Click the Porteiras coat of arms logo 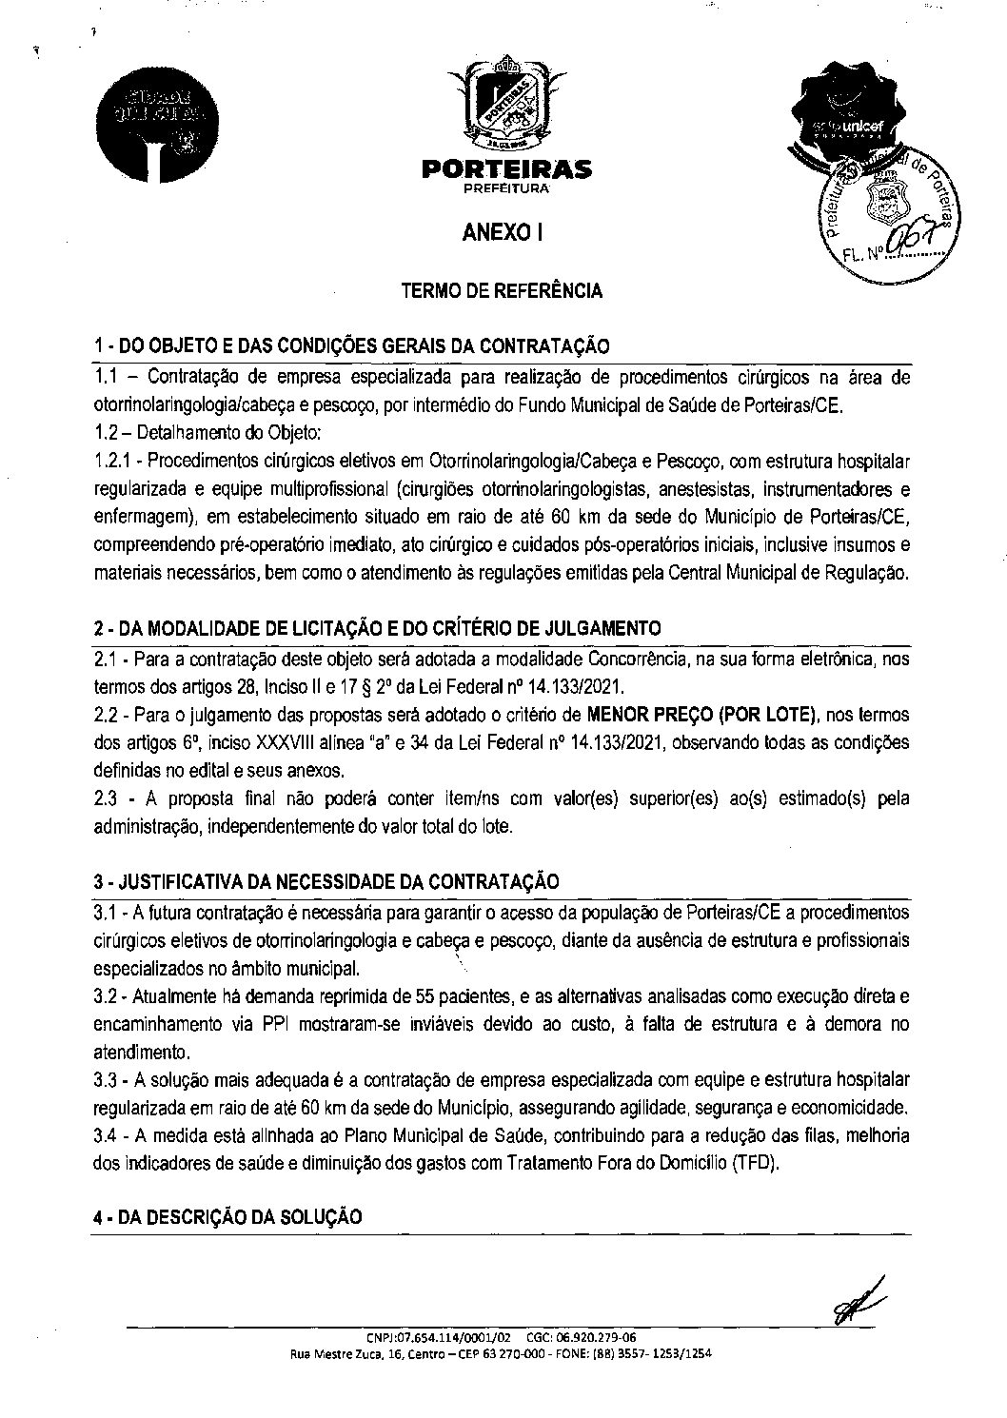coord(503,107)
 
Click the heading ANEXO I coord(503,231)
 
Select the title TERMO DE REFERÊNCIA coord(503,291)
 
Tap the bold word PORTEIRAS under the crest coord(503,170)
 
